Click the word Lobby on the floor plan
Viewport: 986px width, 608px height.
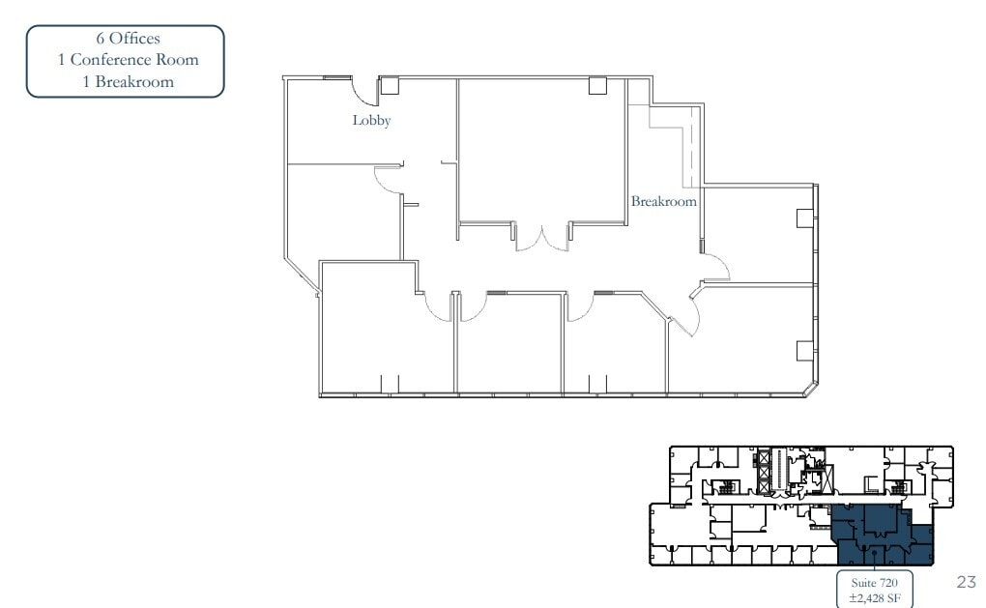[371, 121]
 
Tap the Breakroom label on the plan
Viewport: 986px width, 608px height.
[664, 202]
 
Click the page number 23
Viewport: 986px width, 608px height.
[966, 582]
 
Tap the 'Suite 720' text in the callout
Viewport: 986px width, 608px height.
[873, 583]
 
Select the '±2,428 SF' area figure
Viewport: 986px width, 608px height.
[873, 598]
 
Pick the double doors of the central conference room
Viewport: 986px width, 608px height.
[542, 239]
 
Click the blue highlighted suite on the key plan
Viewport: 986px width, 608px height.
[880, 536]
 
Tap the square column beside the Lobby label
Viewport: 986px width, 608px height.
[390, 85]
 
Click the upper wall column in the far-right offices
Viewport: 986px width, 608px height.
[803, 218]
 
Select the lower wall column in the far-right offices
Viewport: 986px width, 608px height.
[803, 350]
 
